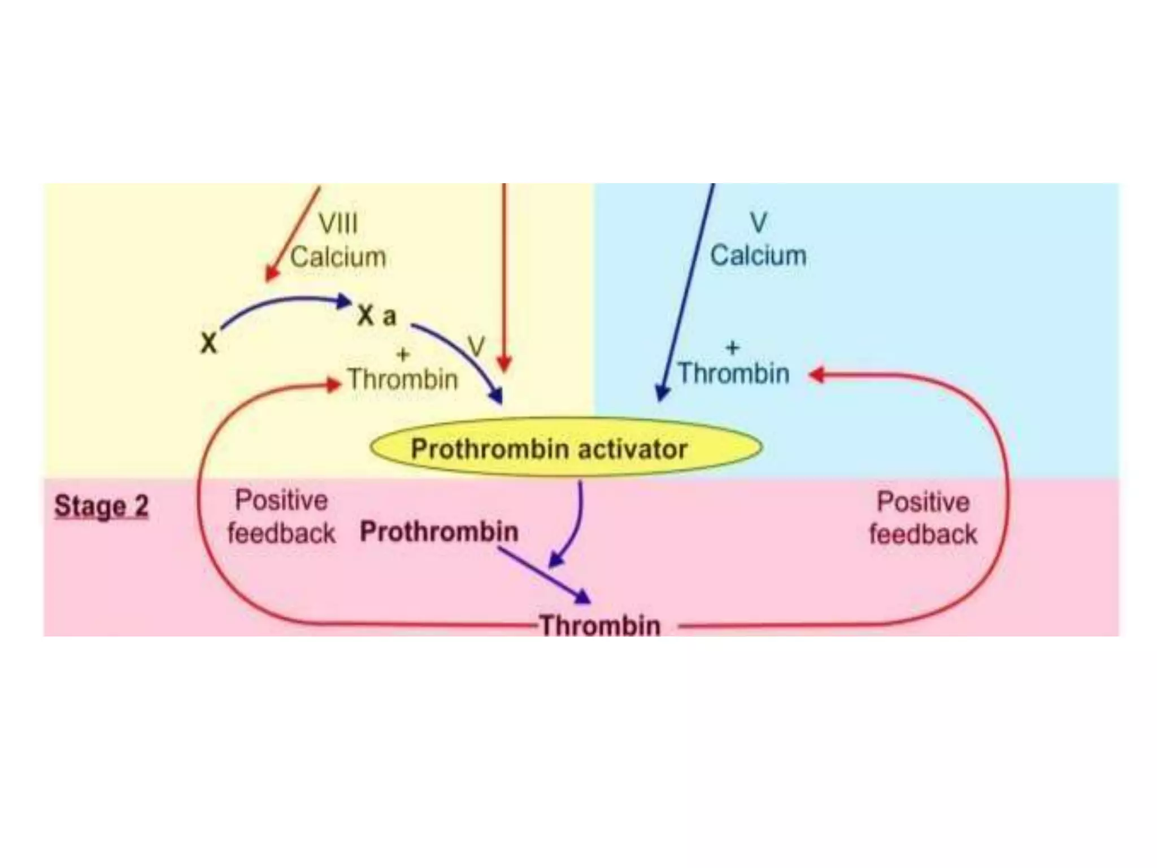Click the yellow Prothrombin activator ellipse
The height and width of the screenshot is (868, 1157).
pos(566,448)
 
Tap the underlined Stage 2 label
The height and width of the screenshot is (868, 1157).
pos(102,506)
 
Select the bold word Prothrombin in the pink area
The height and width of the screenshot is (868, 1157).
pos(439,532)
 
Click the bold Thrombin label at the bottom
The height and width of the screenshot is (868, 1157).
pos(601,625)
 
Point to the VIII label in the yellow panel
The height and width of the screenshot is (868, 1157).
pos(338,223)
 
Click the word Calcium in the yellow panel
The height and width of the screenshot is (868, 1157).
pos(338,257)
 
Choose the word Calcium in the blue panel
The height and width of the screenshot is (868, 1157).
pos(758,255)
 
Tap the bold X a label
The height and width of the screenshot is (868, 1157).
pos(377,316)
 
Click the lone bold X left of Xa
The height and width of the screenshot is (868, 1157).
pos(208,343)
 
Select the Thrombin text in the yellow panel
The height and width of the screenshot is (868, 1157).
pos(402,379)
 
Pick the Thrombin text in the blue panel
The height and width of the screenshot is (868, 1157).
pos(733,374)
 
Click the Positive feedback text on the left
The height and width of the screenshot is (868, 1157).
pos(281,517)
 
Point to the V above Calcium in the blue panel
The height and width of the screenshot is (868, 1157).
pos(758,223)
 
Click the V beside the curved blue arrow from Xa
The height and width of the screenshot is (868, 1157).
pos(476,346)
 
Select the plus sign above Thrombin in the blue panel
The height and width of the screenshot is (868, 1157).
pos(732,347)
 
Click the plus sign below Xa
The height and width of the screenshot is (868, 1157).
pos(403,355)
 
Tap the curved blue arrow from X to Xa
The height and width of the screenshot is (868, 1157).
pos(282,305)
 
